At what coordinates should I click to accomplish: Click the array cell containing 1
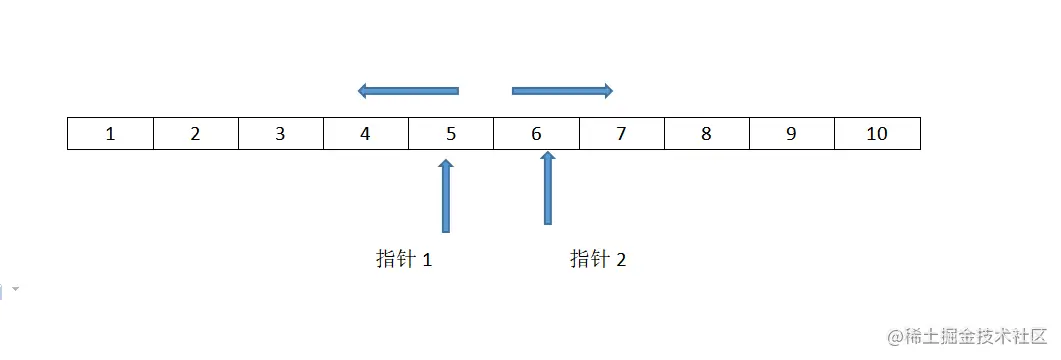point(110,134)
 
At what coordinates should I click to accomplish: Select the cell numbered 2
point(195,134)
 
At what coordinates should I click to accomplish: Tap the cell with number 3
point(280,134)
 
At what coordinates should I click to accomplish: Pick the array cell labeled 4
point(365,134)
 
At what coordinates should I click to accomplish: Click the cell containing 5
point(450,134)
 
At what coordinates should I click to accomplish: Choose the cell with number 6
point(536,134)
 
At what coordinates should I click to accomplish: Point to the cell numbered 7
point(621,134)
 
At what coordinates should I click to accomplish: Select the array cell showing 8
point(706,134)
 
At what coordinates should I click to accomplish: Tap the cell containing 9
point(791,134)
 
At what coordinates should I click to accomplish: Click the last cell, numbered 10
point(876,134)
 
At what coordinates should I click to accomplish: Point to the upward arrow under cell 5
point(446,195)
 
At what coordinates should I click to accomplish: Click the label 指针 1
point(404,260)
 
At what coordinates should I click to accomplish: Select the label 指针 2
point(598,260)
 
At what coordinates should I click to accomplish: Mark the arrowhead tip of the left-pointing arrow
point(359,91)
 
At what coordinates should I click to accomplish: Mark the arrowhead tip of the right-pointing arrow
point(612,91)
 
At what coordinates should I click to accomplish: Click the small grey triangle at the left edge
point(15,290)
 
